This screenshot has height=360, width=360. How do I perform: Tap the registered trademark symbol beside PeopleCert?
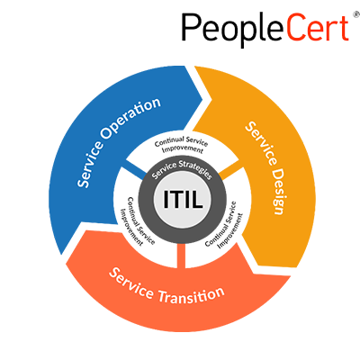356,13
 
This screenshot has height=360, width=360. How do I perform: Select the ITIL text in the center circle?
183,199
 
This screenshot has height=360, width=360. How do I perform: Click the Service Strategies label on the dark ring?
182,169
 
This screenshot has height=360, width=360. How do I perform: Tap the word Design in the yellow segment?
278,191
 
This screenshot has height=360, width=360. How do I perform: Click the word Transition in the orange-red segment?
191,295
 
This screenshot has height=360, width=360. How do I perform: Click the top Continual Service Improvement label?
182,145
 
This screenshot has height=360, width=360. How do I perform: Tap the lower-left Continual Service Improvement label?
137,221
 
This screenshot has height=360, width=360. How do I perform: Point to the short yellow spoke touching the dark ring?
230,173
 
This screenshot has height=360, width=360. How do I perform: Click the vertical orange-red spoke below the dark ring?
181,256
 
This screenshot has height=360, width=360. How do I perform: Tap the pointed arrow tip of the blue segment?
202,98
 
